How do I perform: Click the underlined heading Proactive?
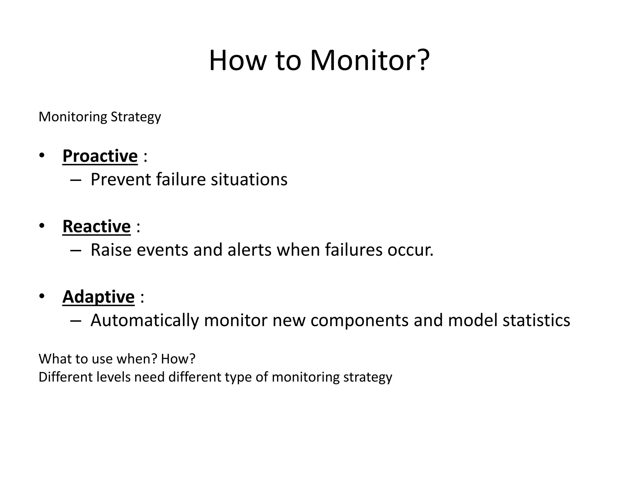click(x=100, y=156)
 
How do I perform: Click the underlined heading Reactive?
click(x=96, y=226)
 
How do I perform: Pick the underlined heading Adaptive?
click(x=98, y=297)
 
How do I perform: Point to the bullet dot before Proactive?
click(x=42, y=155)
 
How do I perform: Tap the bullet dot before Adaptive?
click(x=42, y=296)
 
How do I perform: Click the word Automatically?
click(x=144, y=321)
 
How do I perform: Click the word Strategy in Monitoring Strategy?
click(x=136, y=117)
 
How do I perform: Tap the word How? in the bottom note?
click(x=178, y=359)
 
